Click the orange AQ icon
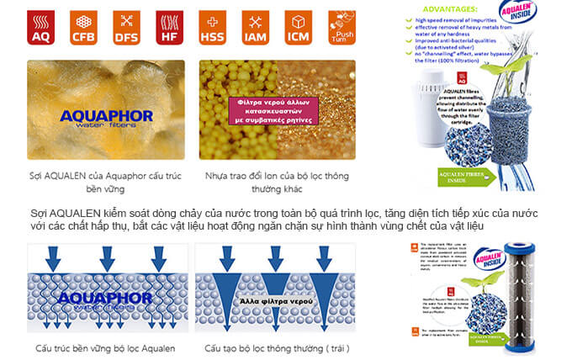click(x=40, y=27)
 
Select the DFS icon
click(x=126, y=27)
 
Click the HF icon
click(x=169, y=27)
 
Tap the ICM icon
click(x=299, y=27)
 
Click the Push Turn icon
click(x=341, y=27)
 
